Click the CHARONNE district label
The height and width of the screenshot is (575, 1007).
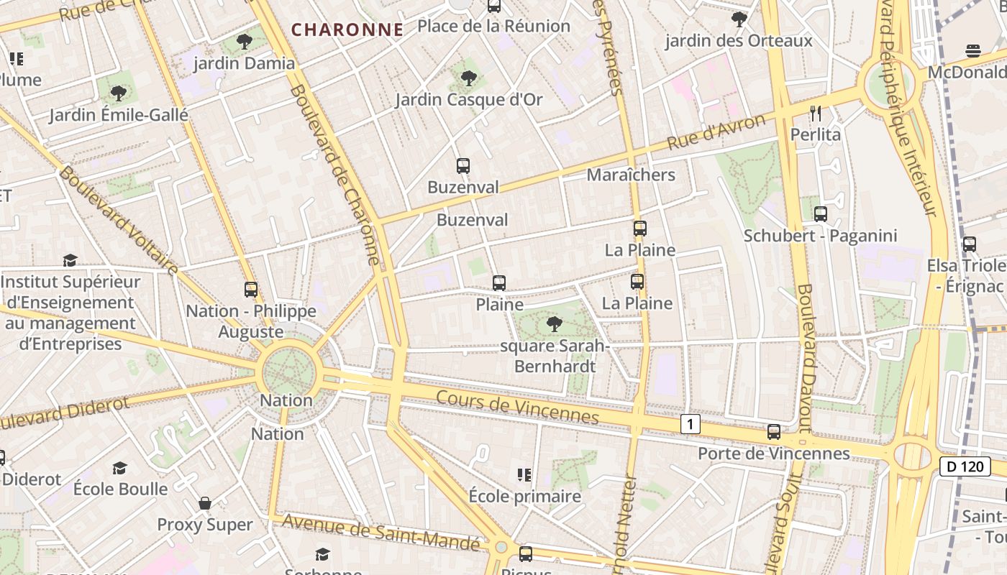(347, 29)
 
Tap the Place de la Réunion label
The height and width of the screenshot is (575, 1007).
(493, 27)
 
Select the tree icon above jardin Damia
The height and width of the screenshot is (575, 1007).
(245, 41)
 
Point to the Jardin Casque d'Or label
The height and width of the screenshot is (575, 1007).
(469, 99)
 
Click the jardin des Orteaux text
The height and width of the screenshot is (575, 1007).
(739, 41)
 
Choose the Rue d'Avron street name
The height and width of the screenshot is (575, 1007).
(716, 132)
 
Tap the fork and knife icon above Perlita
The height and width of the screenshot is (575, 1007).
(815, 114)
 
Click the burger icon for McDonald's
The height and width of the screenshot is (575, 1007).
(972, 51)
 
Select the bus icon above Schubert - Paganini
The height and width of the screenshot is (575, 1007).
(820, 213)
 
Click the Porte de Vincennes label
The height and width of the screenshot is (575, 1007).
(774, 454)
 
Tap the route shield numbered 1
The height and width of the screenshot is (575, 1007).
(690, 424)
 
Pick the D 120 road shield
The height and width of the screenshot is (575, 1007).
(965, 466)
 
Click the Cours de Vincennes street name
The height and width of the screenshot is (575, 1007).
(517, 407)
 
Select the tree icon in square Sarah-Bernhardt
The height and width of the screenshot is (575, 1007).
(554, 324)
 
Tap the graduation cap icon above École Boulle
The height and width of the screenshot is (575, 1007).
(120, 468)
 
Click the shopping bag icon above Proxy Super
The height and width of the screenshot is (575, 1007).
(205, 503)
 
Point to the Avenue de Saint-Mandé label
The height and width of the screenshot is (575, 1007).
(381, 533)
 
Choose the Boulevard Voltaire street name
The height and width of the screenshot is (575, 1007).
(119, 221)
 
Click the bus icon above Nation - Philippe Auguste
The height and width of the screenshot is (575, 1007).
(251, 290)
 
